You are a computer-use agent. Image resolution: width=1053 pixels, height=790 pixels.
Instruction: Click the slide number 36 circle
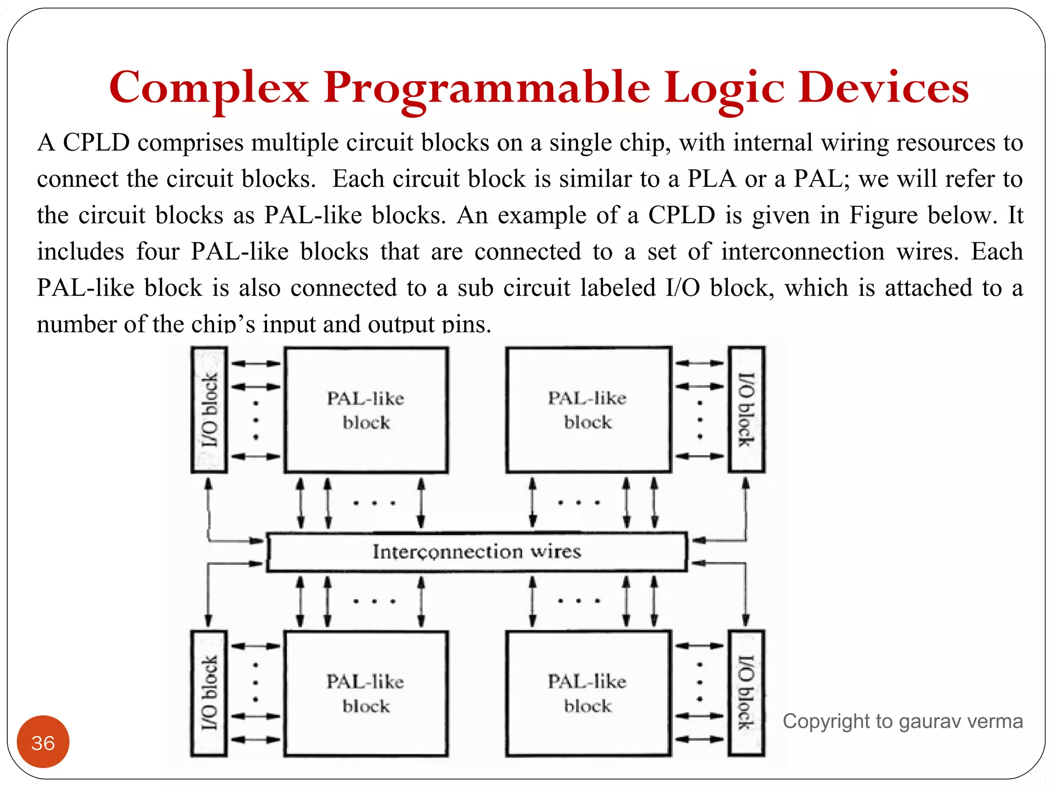tap(43, 742)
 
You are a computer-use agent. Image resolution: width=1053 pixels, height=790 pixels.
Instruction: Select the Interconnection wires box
tap(477, 552)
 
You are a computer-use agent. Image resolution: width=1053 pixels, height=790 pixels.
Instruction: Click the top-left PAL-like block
tap(366, 410)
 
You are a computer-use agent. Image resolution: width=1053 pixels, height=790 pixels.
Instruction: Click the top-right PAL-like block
tap(588, 410)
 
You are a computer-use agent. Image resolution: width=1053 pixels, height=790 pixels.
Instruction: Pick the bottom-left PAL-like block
tap(366, 693)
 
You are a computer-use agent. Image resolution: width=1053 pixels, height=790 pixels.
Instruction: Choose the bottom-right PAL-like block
tap(588, 693)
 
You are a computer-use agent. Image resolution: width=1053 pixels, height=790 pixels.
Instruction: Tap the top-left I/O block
tap(209, 410)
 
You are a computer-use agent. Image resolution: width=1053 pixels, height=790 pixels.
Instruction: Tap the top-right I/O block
tap(747, 410)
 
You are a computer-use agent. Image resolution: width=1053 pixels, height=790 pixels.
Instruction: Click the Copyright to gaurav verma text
tap(902, 722)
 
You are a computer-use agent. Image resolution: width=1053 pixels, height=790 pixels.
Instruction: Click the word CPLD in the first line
tap(96, 142)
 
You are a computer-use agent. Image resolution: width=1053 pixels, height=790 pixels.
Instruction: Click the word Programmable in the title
tap(486, 87)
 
